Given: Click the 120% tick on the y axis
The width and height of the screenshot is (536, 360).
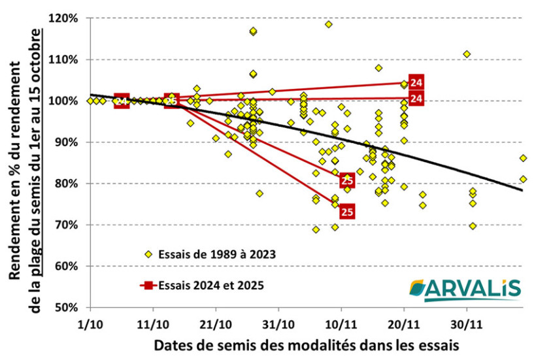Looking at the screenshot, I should pyautogui.click(x=65, y=18).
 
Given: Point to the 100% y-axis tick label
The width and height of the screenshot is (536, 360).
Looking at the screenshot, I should pyautogui.click(x=65, y=101).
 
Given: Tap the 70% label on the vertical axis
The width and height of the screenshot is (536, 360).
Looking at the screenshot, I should pyautogui.click(x=68, y=225).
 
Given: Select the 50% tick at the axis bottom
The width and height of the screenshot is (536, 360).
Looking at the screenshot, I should pyautogui.click(x=68, y=308).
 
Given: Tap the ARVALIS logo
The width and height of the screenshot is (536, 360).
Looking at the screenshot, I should pyautogui.click(x=465, y=288).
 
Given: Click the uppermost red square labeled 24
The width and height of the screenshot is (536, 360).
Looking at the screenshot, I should pyautogui.click(x=416, y=82).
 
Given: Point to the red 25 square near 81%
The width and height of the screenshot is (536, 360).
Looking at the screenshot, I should pyautogui.click(x=347, y=180).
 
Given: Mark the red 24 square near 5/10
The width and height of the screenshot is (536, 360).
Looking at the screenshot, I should pyautogui.click(x=122, y=101).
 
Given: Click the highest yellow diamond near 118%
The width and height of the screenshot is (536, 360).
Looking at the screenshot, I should pyautogui.click(x=328, y=24).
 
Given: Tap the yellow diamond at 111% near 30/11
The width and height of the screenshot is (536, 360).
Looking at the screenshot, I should pyautogui.click(x=467, y=54).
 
